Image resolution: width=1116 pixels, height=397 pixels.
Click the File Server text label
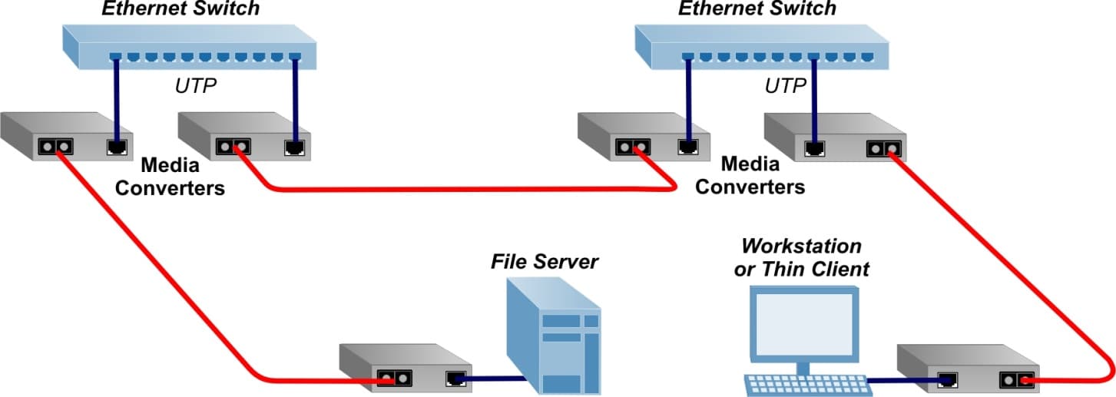pos(544,261)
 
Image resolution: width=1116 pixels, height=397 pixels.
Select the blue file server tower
pos(553,338)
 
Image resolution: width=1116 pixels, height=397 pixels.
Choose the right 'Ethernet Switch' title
pos(757,9)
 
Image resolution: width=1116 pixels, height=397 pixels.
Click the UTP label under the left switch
pos(196,85)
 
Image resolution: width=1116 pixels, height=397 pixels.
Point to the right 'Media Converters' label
pos(750,176)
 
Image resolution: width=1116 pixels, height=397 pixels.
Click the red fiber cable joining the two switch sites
pos(469,188)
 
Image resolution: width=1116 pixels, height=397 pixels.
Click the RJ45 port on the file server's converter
pos(455,378)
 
